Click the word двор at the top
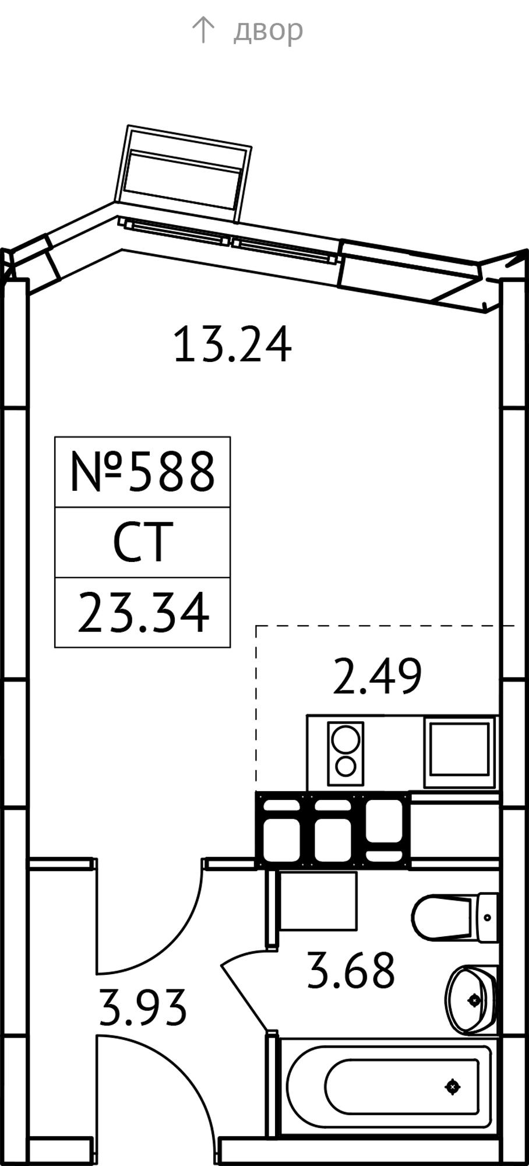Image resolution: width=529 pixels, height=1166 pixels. click(x=268, y=31)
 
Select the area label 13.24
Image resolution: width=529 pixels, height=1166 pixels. click(x=232, y=345)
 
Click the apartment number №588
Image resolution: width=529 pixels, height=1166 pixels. click(x=143, y=472)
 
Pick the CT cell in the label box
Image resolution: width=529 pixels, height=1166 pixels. click(x=143, y=542)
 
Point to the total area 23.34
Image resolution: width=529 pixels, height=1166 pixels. click(x=143, y=612)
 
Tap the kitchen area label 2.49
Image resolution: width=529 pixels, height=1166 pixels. click(x=377, y=676)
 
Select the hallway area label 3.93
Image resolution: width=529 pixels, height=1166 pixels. click(x=143, y=1007)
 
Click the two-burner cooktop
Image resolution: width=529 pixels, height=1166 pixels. click(x=345, y=754)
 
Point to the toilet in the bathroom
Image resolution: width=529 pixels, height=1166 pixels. click(x=454, y=918)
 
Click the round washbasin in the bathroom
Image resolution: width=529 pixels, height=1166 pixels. click(x=472, y=1000)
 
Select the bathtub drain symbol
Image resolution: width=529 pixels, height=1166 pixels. click(x=453, y=1087)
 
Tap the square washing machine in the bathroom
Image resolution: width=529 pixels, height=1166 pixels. click(x=318, y=901)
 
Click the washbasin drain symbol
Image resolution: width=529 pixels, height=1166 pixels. click(x=475, y=1000)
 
